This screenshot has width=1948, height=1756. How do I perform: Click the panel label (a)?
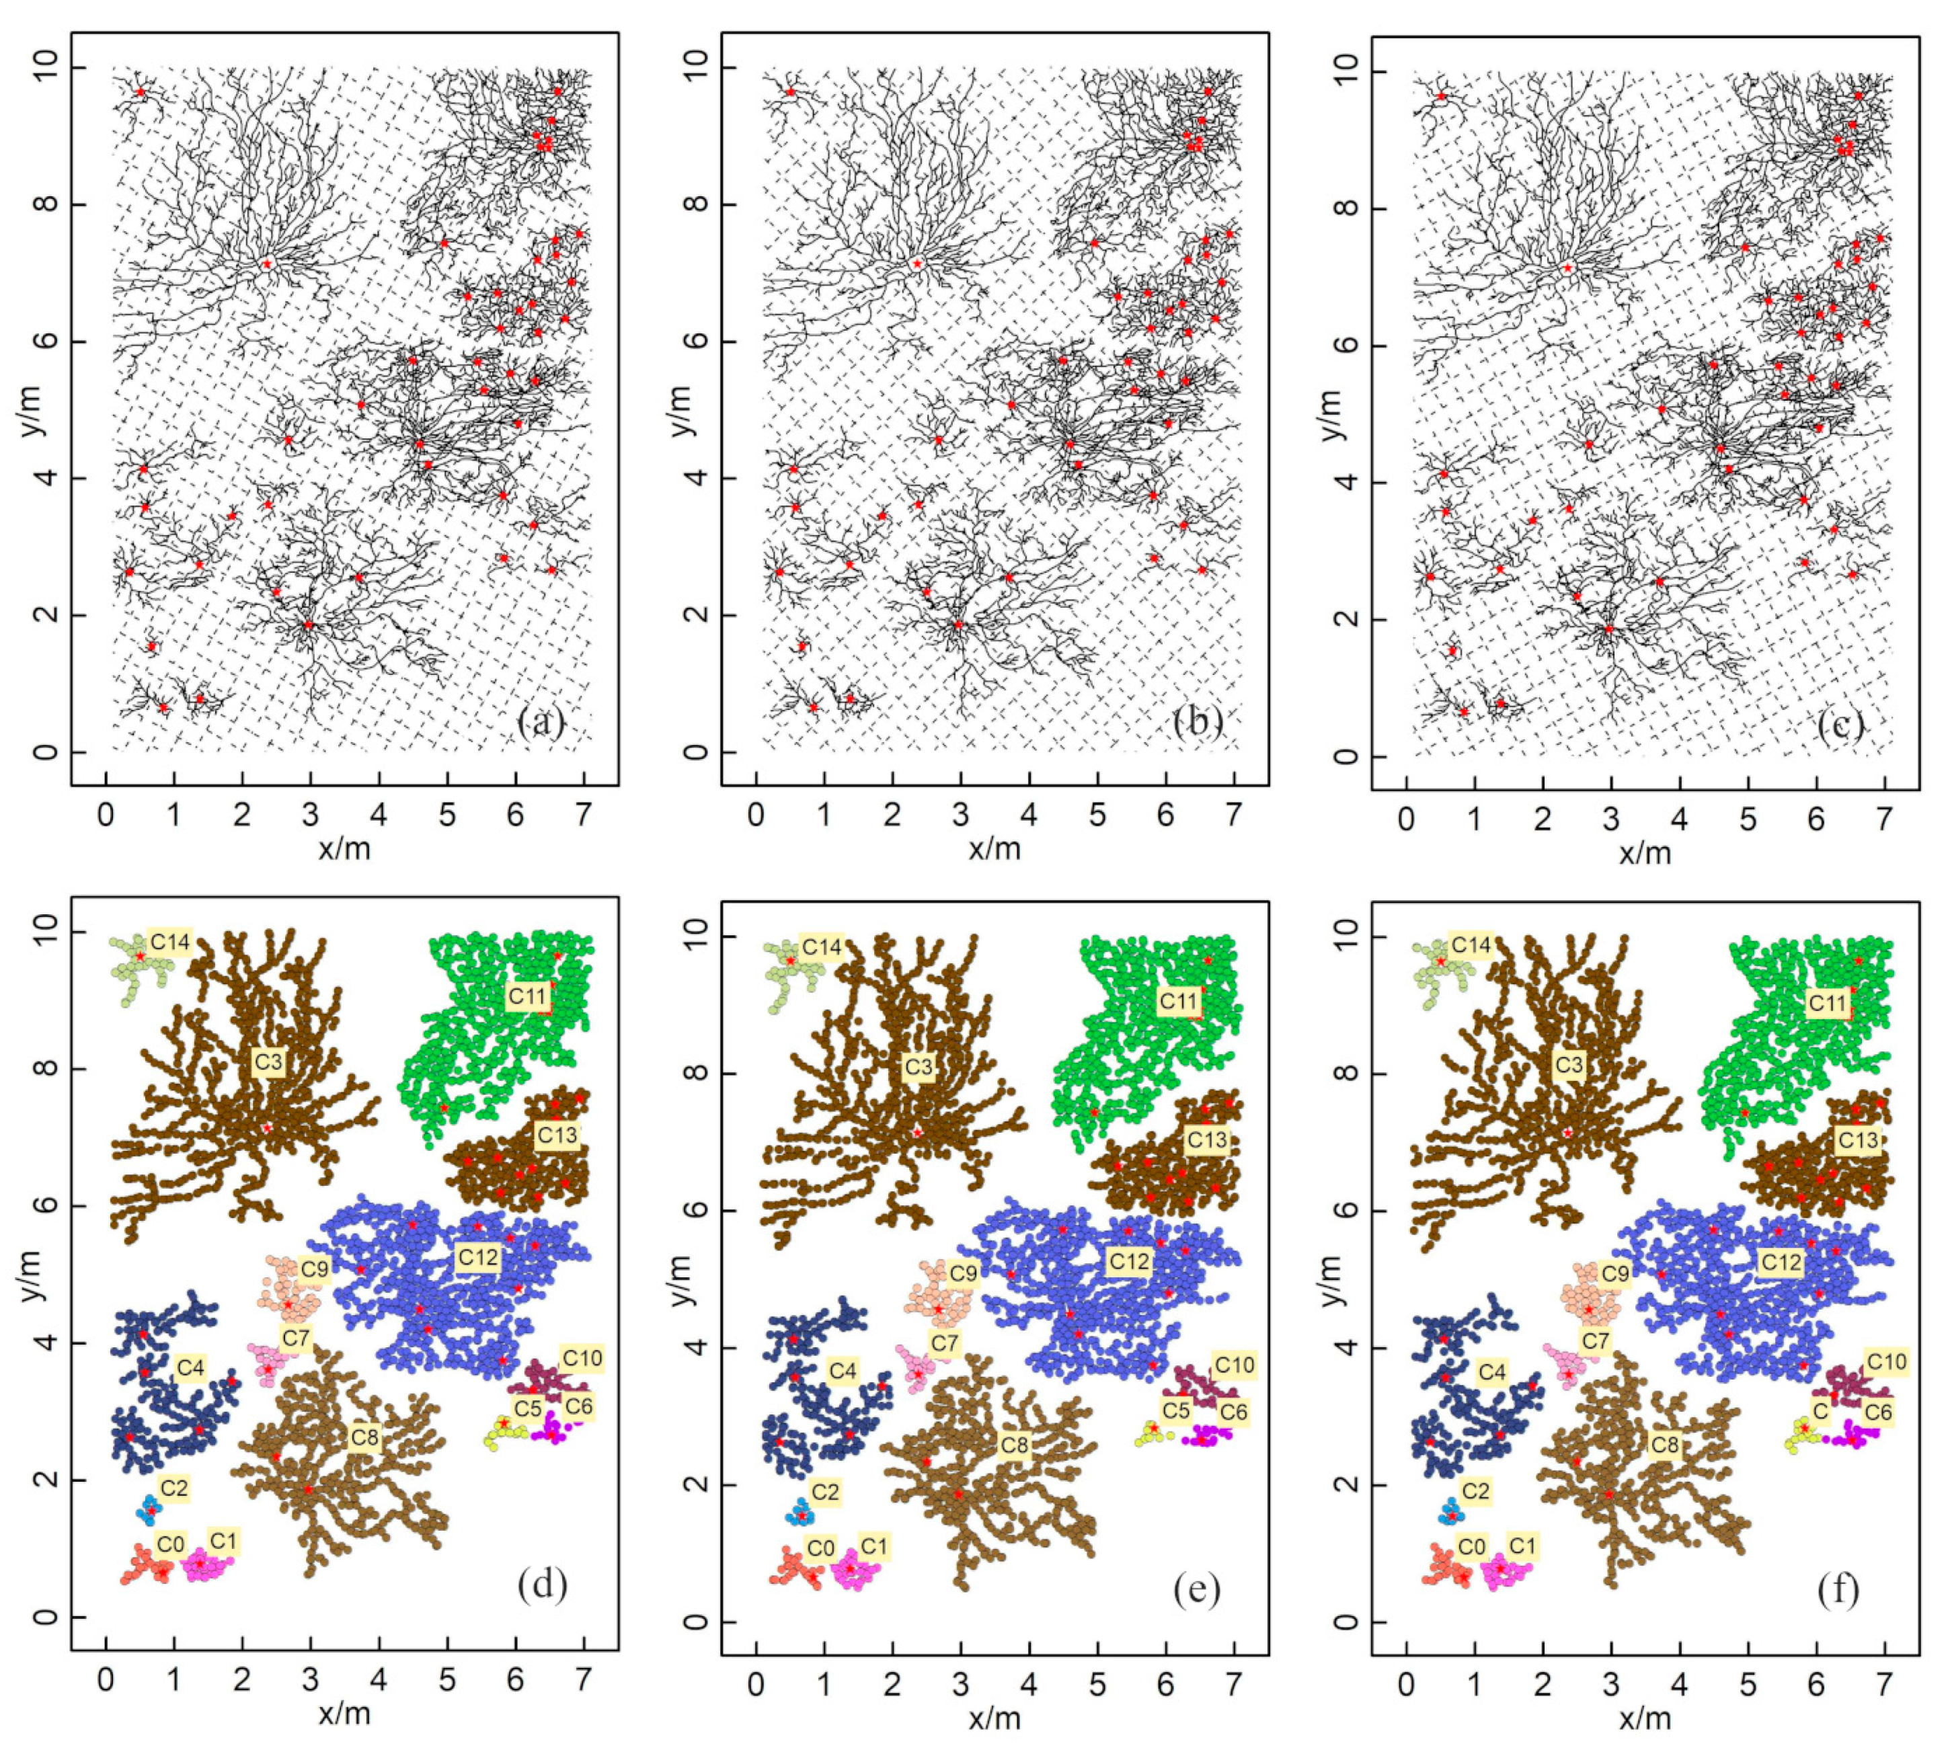pyautogui.click(x=541, y=723)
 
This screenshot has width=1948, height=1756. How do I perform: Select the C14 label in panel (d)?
pyautogui.click(x=170, y=941)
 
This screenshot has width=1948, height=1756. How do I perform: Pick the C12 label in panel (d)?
pyautogui.click(x=479, y=1257)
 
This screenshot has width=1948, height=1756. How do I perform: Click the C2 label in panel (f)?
pyautogui.click(x=1475, y=1490)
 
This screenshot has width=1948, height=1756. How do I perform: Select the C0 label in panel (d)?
pyautogui.click(x=170, y=1545)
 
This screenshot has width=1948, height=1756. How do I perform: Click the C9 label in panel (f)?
pyautogui.click(x=1615, y=1273)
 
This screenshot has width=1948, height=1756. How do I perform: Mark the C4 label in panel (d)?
pyautogui.click(x=190, y=1367)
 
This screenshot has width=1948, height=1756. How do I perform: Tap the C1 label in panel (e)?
pyautogui.click(x=873, y=1547)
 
